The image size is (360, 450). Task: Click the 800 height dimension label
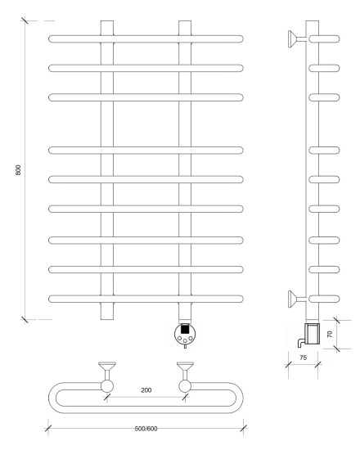[18, 170]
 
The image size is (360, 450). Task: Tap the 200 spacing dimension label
[146, 390]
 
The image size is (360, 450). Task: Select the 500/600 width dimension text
[146, 429]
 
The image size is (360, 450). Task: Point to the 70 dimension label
[330, 334]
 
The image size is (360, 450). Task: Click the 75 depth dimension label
[303, 358]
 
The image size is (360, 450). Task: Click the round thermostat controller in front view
[185, 334]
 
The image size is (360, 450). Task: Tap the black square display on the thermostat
[185, 329]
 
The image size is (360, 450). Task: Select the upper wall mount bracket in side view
[297, 39]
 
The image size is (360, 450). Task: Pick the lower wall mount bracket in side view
[297, 299]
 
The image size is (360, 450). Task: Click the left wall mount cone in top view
[107, 367]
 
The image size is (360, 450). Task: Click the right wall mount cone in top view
[185, 367]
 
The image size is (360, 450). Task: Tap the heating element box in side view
[312, 334]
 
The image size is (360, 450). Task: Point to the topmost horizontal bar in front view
[146, 38]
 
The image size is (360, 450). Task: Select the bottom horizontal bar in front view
[146, 299]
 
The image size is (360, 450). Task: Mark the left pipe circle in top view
[107, 386]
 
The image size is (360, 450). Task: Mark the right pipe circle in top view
[185, 386]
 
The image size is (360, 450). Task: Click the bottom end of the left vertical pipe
[107, 319]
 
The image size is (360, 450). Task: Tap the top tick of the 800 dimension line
[25, 20]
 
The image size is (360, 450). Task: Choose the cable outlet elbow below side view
[301, 342]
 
